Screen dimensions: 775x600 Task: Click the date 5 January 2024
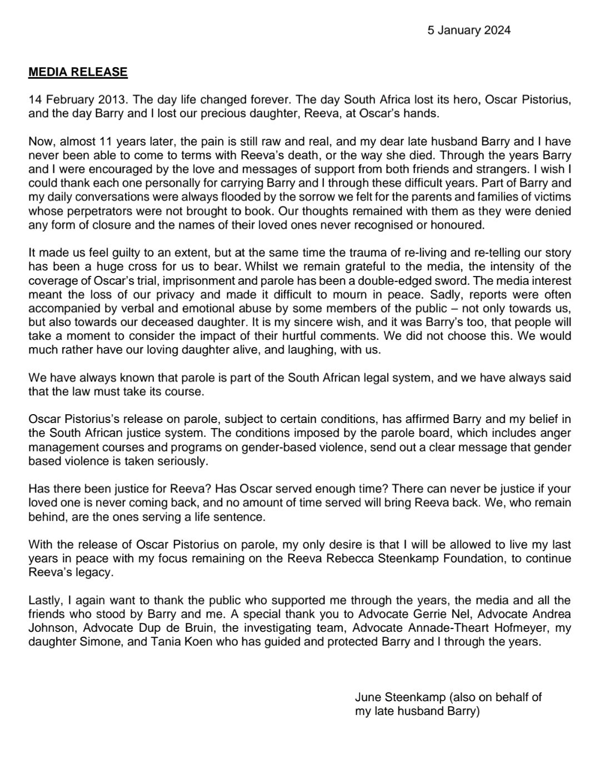click(x=469, y=30)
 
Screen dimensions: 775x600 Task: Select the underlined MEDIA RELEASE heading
click(x=78, y=72)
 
